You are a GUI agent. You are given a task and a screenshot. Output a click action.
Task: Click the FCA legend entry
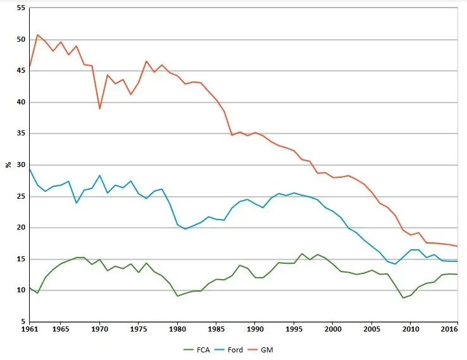coord(197,350)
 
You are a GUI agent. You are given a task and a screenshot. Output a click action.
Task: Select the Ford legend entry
coord(228,350)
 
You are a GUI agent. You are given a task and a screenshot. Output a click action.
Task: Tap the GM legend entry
coord(261,350)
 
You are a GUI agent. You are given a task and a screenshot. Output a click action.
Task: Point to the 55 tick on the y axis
coord(21,8)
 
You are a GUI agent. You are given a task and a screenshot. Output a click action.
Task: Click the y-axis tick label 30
coord(21,165)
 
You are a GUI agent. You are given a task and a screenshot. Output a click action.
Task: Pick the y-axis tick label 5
coord(23,321)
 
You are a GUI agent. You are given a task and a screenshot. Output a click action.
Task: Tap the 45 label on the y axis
coord(21,71)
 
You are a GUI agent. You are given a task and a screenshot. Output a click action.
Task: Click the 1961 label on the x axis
coord(30,329)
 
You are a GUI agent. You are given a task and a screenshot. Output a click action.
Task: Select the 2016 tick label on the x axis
coord(450,329)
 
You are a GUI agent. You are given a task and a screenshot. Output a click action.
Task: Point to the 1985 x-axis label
coord(216,329)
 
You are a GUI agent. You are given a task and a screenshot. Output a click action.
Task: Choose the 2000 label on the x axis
coord(333,329)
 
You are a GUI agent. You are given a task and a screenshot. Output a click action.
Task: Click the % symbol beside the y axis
coord(8,164)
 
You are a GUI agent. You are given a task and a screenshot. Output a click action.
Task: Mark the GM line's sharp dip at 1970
coord(100,109)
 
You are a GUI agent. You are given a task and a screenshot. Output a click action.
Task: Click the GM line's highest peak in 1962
coord(37,35)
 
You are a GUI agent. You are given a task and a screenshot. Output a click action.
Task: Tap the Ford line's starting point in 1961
coord(30,169)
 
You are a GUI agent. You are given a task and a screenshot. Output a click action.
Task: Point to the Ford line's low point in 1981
coord(185,229)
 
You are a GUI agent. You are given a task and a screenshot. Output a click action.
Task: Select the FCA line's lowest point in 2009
coord(403,298)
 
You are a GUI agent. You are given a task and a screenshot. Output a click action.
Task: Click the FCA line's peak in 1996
coord(302,254)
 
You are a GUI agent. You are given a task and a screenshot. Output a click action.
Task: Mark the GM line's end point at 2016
coord(457,246)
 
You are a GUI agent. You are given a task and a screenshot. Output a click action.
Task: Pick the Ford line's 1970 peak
coord(100,175)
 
